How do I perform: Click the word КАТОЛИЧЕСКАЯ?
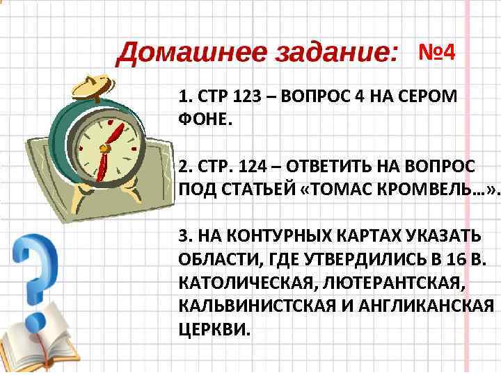coord(244,283)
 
